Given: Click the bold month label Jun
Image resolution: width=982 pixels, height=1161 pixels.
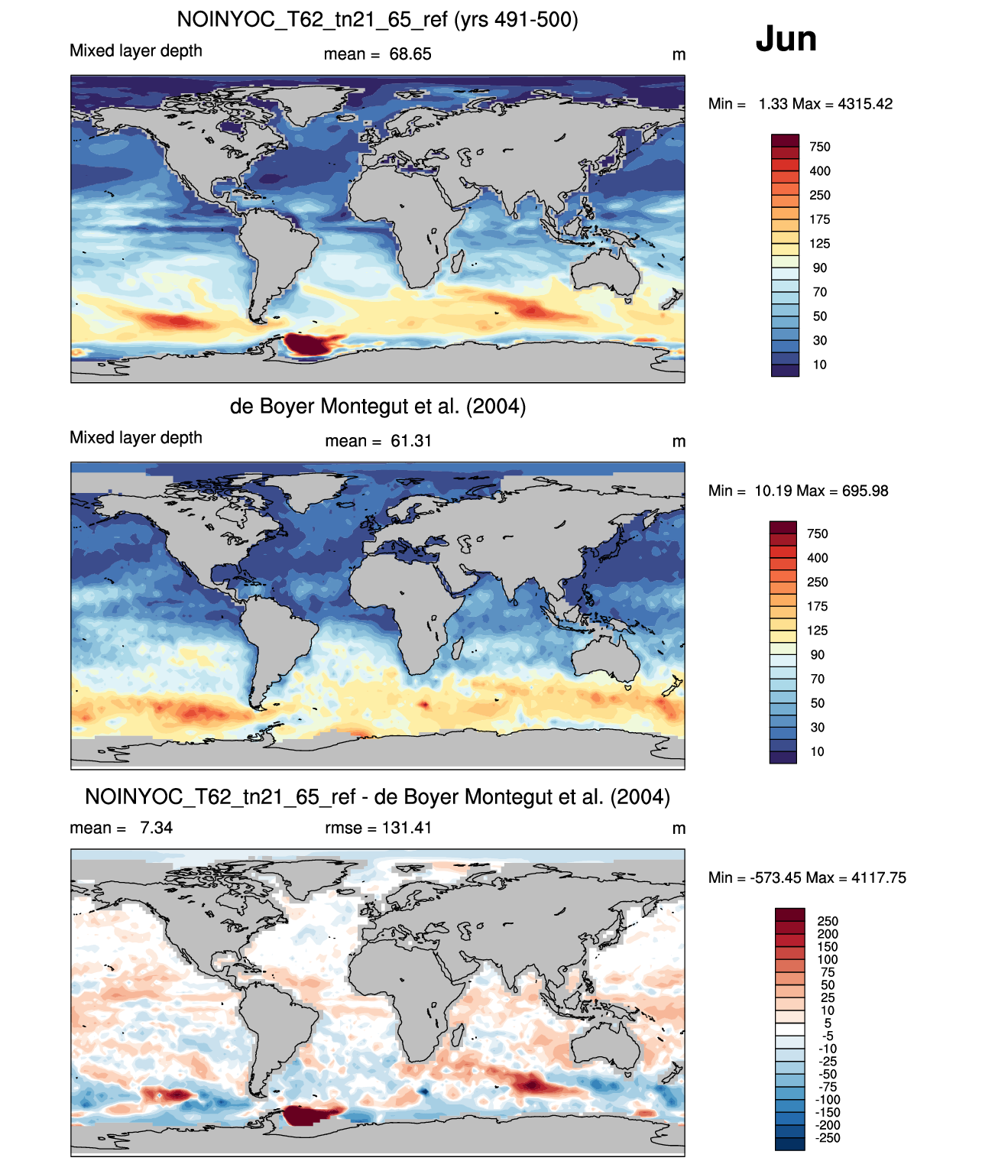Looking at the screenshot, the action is point(786,39).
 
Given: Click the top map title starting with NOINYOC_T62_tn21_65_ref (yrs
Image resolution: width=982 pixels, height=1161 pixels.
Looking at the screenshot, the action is point(378,20).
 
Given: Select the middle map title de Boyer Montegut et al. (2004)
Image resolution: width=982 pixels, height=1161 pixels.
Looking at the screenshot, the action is point(378,406).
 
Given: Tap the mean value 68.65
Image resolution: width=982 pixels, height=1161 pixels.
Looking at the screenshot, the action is point(410,54).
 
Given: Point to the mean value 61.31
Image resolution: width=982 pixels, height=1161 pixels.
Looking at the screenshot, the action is point(411,441).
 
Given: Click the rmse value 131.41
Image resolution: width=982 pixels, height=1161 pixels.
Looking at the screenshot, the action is point(407,828).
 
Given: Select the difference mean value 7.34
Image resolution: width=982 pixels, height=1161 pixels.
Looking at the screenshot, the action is point(156,828).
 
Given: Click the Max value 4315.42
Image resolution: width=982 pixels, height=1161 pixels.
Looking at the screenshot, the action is point(865,104).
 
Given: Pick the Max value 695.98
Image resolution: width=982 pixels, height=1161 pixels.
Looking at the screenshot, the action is point(865,491).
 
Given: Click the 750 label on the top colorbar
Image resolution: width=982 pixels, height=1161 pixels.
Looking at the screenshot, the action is point(820,147).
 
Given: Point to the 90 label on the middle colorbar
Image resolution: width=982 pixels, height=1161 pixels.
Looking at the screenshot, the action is point(818,655).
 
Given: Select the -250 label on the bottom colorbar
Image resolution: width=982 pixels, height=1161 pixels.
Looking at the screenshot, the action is point(828,1138).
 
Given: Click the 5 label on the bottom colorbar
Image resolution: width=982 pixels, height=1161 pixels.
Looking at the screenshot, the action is point(828,1023).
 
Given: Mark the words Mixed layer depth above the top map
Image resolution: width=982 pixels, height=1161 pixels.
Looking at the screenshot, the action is point(136,50).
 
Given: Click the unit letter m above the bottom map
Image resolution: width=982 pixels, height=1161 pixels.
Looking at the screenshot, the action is point(679,829).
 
